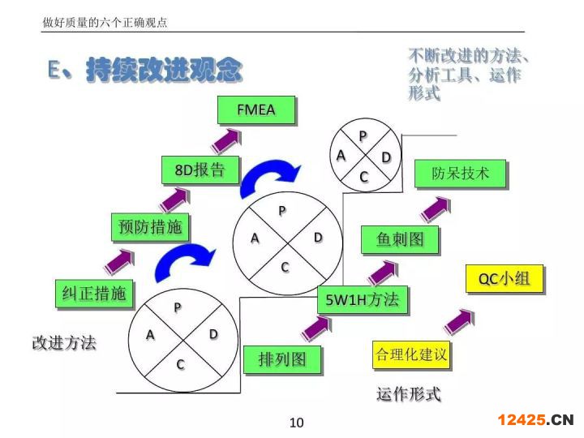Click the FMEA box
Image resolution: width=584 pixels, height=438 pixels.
(256, 109)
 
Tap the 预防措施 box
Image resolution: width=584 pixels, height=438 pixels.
(150, 227)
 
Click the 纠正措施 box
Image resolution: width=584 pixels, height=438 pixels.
(95, 293)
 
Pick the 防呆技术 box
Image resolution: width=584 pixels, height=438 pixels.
(460, 174)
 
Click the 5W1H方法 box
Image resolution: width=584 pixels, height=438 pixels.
(362, 300)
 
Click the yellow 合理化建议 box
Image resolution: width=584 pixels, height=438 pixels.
(410, 354)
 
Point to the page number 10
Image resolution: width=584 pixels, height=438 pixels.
(296, 423)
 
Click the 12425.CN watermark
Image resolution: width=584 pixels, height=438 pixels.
(535, 419)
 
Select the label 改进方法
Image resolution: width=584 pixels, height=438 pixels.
(64, 343)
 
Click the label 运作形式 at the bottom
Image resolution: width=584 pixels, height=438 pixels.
(408, 395)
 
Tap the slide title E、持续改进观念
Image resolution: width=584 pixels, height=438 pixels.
(144, 71)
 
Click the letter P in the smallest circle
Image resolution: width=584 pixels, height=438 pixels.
(363, 135)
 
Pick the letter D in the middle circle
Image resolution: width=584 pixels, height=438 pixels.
(318, 237)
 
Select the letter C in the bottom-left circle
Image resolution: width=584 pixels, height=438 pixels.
(180, 364)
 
